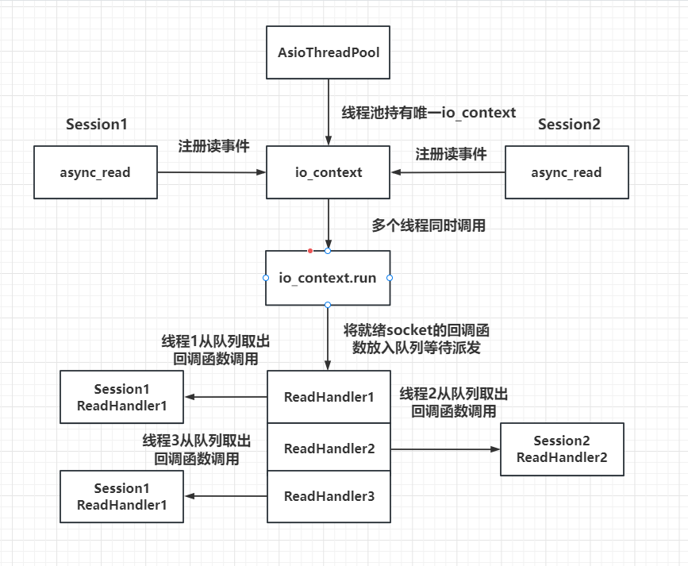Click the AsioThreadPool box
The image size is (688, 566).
point(329,53)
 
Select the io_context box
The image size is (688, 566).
point(329,172)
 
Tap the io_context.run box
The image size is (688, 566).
point(328,278)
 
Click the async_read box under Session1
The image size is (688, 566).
point(95,172)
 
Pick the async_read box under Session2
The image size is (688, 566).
point(567,172)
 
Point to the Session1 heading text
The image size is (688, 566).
point(97,125)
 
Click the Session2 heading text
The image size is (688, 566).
point(569,125)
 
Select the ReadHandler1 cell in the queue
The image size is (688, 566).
point(329,396)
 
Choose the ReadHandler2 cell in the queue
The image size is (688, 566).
point(329,448)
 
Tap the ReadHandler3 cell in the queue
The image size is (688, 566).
point(329,497)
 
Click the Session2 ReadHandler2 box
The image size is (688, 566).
point(562,449)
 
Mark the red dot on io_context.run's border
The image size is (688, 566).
point(310,251)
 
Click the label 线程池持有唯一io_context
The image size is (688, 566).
point(429,113)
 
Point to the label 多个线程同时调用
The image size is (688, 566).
point(429,225)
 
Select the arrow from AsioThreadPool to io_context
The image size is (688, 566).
point(329,111)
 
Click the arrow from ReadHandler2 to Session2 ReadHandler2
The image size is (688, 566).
point(444,449)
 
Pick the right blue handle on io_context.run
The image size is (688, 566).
point(390,278)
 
